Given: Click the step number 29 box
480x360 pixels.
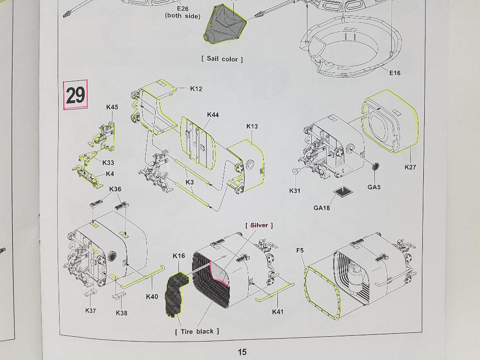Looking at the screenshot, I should point(76,95).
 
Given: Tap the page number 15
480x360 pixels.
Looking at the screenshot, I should point(242,352).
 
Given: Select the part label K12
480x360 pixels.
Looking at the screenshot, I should point(196,89).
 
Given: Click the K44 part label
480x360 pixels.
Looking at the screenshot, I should point(213,115).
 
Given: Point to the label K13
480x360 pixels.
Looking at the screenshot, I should point(252,126).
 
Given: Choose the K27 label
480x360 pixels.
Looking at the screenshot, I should point(410,167).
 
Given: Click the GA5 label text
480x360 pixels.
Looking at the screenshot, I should point(374,187).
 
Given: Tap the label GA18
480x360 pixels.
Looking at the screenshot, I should point(321,208).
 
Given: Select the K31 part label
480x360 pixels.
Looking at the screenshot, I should point(295,191).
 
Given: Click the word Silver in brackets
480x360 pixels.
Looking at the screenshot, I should point(259,225).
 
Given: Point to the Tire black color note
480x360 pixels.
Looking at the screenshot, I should point(197,331).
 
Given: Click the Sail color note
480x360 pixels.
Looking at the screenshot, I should point(222,59).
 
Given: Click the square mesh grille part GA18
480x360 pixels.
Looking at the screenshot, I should point(344,193).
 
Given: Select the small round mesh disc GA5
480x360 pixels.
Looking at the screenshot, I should point(375,167).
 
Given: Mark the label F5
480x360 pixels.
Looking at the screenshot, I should point(300,250).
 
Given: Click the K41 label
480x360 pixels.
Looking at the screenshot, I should point(277,312).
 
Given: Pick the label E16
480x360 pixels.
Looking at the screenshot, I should point(395,73).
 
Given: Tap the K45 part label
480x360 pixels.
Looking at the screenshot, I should point(112,107).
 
